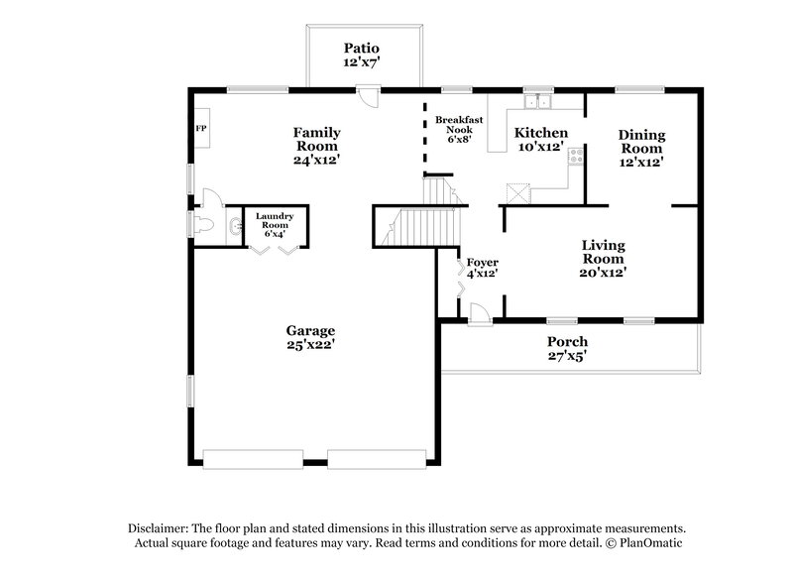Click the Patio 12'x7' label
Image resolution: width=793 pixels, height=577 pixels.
click(x=361, y=56)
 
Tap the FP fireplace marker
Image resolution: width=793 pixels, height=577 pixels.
click(x=199, y=128)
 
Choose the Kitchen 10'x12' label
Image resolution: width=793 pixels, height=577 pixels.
click(x=540, y=139)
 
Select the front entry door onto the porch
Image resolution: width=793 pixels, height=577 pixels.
click(x=478, y=314)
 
